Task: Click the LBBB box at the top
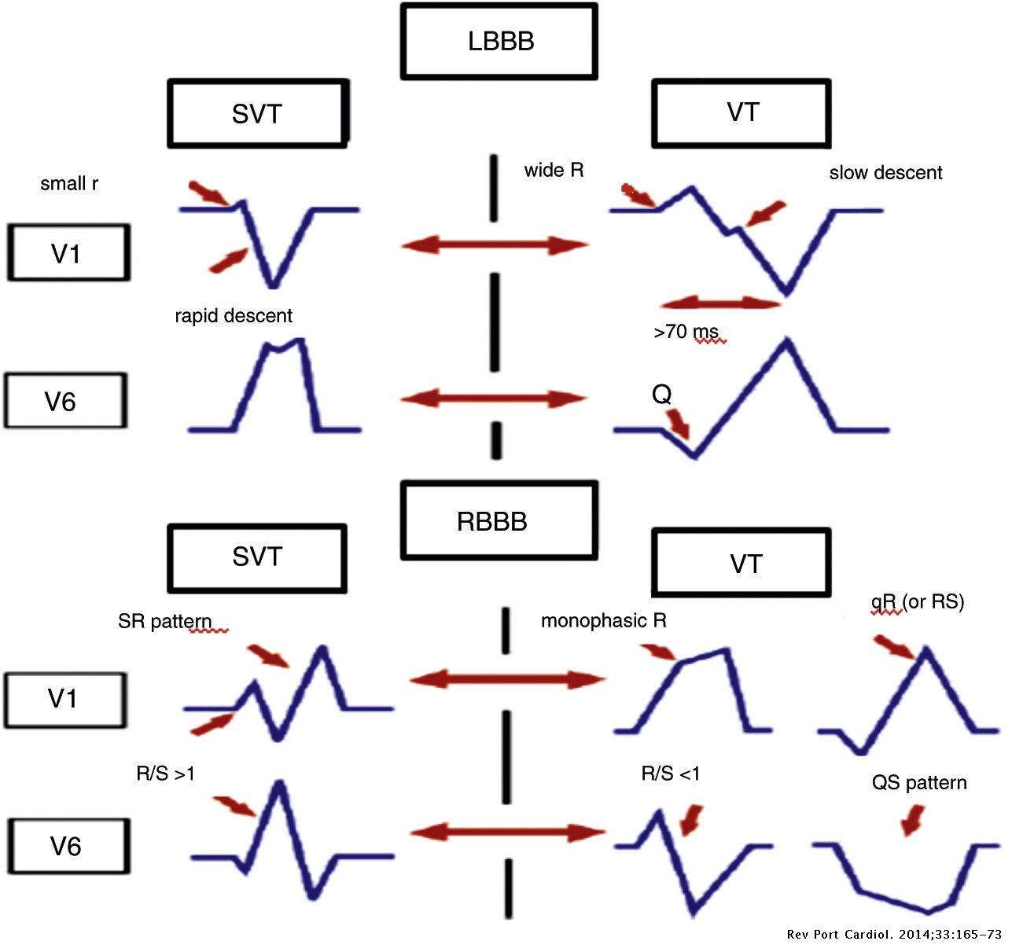[499, 41]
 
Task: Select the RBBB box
[499, 521]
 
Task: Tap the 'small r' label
[69, 184]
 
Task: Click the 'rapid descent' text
[234, 316]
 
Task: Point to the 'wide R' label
[554, 171]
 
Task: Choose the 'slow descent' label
[885, 173]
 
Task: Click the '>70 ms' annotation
[685, 333]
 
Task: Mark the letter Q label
[662, 394]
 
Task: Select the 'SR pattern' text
[165, 621]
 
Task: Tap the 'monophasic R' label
[603, 621]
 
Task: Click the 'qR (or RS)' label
[917, 602]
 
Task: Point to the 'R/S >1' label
[165, 774]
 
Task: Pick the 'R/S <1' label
[670, 774]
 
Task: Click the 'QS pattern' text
[918, 783]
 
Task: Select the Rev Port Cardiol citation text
[894, 935]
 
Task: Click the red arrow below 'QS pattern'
[913, 822]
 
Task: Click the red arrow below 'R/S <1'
[691, 819]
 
